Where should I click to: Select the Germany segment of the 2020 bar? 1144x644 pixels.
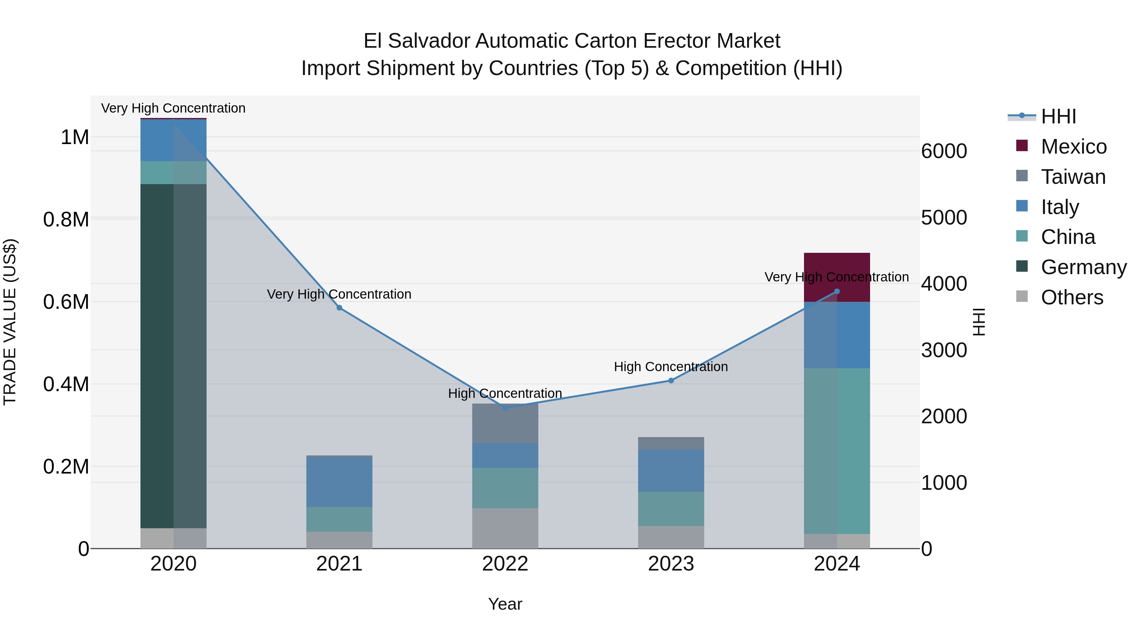point(173,356)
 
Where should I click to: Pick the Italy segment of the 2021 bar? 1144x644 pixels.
point(339,482)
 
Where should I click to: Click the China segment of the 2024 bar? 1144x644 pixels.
point(837,451)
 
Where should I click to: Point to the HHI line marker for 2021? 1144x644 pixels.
point(339,308)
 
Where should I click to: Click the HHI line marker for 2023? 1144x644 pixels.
point(671,380)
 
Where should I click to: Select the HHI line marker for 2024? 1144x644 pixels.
point(837,292)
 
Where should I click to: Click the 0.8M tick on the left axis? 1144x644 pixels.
point(66,219)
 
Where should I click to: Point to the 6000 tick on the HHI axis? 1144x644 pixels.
point(944,152)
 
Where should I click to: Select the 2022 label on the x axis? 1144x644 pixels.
point(505,564)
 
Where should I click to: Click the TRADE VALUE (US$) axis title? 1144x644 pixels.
point(10,322)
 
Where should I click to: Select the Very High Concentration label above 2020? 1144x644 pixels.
point(173,108)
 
